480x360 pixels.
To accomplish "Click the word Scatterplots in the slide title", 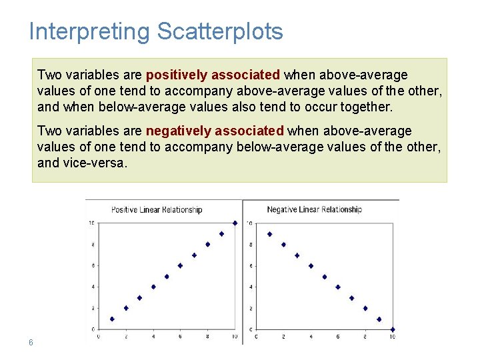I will click(220, 32).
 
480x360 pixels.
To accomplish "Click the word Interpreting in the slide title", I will click(90, 32).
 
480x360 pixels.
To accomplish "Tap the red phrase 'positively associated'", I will click(213, 75).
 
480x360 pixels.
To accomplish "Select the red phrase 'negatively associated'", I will click(215, 131).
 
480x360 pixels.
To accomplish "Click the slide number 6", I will click(31, 342).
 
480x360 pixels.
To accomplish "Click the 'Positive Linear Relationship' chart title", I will click(157, 210).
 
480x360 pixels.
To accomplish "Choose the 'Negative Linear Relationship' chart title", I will click(314, 210).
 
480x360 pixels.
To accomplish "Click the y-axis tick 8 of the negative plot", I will click(250, 245).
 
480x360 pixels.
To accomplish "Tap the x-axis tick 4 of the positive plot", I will click(153, 337).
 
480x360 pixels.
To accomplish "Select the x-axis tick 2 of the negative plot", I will click(283, 337).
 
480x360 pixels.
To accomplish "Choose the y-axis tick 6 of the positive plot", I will click(92, 266).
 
